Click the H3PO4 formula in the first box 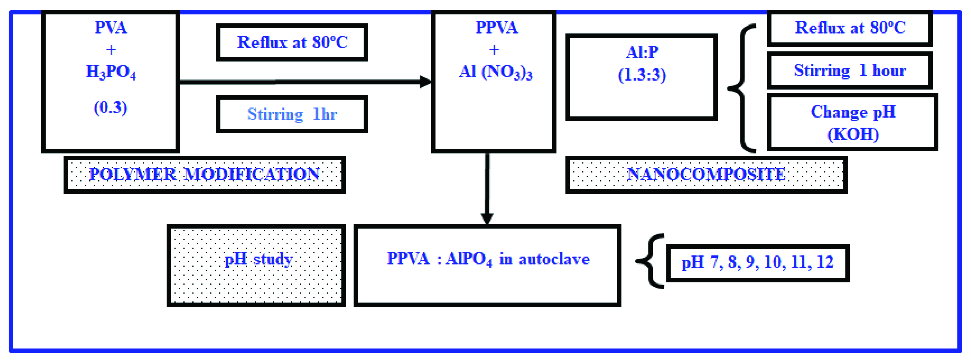(111, 72)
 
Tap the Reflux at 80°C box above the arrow (292, 42)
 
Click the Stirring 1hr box (292, 114)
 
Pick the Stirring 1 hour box (850, 70)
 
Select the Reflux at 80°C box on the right (850, 28)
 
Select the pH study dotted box (256, 265)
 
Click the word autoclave (554, 259)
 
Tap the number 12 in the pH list (825, 262)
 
